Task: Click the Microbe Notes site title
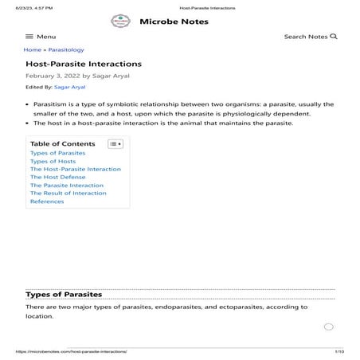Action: tap(174, 22)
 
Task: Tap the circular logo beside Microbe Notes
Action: tap(120, 22)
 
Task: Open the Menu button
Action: tap(41, 37)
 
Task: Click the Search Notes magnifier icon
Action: tap(334, 37)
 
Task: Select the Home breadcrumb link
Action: tap(32, 50)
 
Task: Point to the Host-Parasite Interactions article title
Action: tap(84, 63)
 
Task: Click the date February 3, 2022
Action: tap(53, 76)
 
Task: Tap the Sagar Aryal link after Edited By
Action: tap(69, 87)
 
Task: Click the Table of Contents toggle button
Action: tap(115, 144)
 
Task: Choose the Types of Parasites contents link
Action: tap(57, 153)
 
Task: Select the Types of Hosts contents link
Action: tap(53, 161)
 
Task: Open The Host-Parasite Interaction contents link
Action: tap(76, 169)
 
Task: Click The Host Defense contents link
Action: tap(60, 177)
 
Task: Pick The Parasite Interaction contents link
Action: tap(67, 186)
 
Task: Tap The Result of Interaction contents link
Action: tap(68, 194)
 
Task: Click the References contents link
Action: tap(47, 202)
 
